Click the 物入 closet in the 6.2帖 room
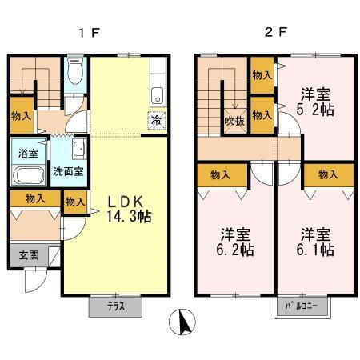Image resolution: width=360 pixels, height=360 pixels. pyautogui.click(x=216, y=174)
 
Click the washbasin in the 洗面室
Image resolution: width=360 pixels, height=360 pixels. pyautogui.click(x=78, y=148)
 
